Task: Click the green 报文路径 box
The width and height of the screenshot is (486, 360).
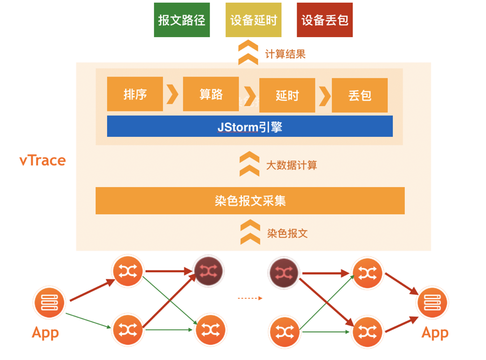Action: pyautogui.click(x=182, y=20)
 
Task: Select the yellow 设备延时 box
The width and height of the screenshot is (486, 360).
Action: pyautogui.click(x=253, y=20)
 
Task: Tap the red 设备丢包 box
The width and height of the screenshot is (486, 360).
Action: pyautogui.click(x=325, y=20)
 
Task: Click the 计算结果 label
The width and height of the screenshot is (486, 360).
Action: pyautogui.click(x=285, y=55)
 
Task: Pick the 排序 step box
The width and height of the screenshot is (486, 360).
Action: pyautogui.click(x=135, y=94)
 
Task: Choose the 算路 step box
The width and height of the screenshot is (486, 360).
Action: pyautogui.click(x=211, y=94)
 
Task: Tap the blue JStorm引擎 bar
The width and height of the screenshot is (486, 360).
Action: pyautogui.click(x=250, y=127)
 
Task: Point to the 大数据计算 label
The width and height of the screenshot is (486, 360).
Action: pyautogui.click(x=291, y=165)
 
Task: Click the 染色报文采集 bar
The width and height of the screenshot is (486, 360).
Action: pyautogui.click(x=250, y=201)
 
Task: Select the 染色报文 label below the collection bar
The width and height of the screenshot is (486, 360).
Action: pyautogui.click(x=288, y=233)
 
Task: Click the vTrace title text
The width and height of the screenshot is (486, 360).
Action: pyautogui.click(x=43, y=161)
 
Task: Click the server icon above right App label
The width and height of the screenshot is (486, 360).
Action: pyautogui.click(x=432, y=303)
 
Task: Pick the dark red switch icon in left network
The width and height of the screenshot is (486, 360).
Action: pyautogui.click(x=208, y=272)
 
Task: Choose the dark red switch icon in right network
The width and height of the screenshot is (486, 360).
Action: pyautogui.click(x=284, y=273)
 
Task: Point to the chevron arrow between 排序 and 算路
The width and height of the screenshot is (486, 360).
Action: pyautogui.click(x=173, y=94)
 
